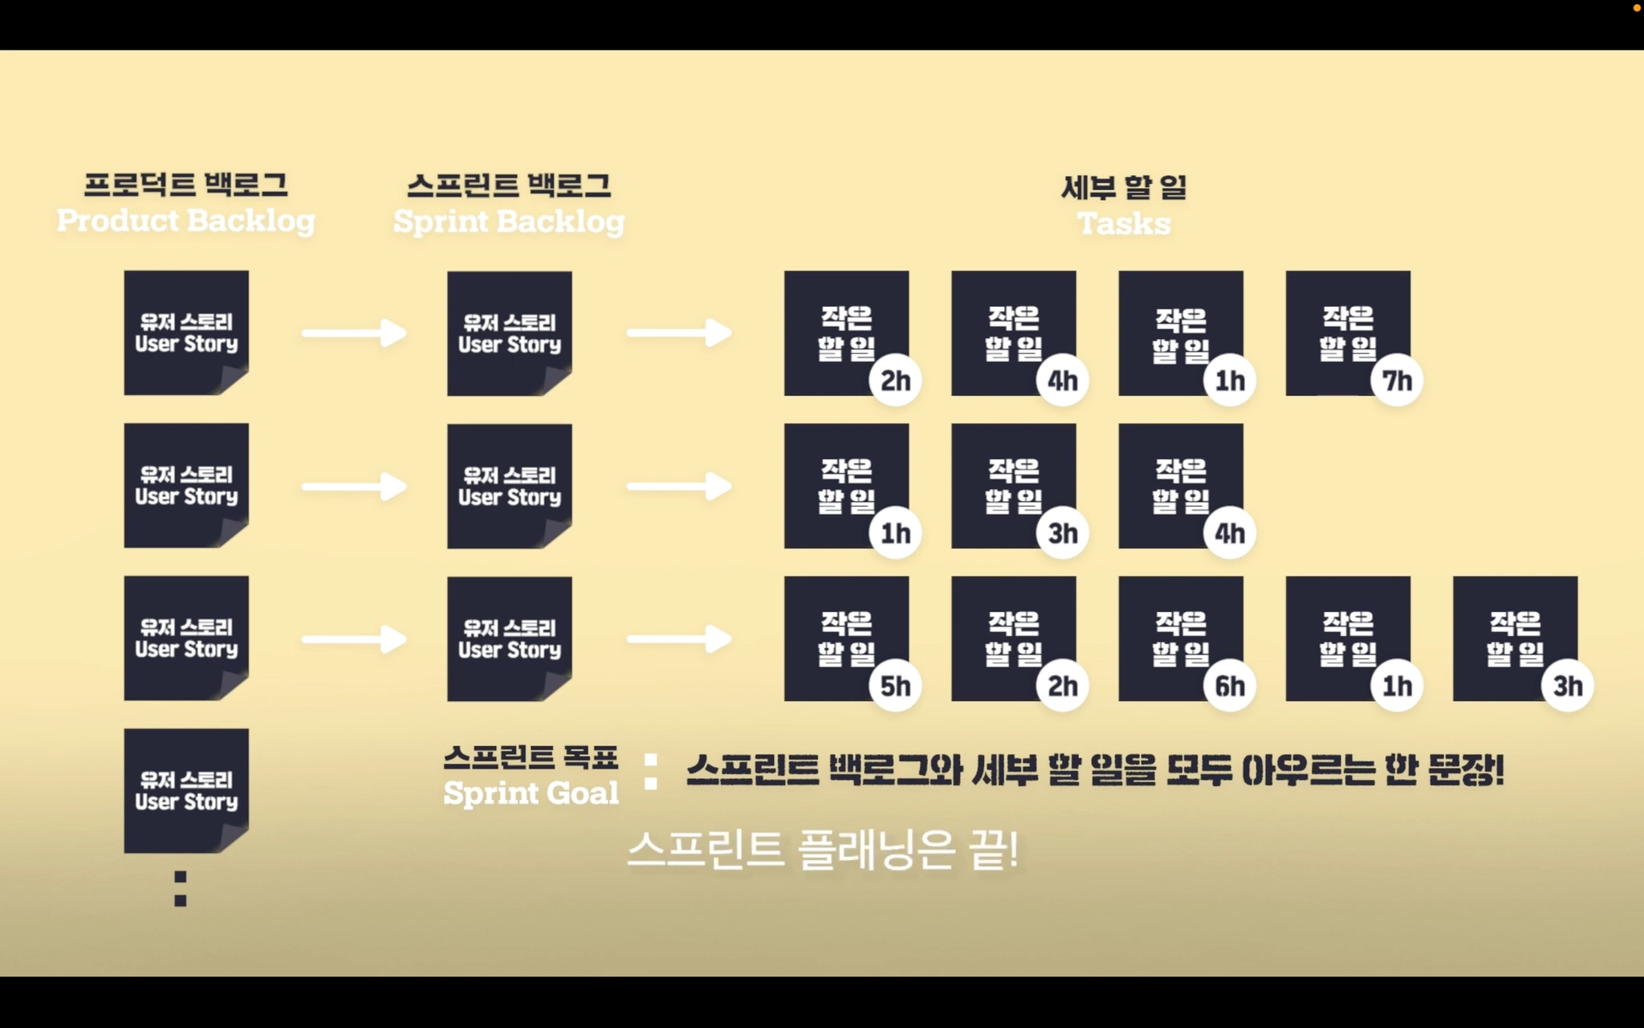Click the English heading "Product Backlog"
[185, 221]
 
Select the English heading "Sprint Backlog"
[508, 222]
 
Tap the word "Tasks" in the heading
[1123, 223]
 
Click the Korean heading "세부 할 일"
[1123, 187]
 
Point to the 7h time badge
[1397, 380]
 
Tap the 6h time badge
[1229, 686]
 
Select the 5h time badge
[895, 686]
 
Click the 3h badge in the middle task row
[1062, 533]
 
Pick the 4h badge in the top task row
[1062, 380]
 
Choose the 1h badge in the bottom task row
[1397, 686]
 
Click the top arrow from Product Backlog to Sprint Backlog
[354, 333]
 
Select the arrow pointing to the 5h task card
[679, 640]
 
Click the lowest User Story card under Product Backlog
[186, 790]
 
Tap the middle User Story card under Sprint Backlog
[509, 486]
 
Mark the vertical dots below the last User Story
[181, 889]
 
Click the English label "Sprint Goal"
[531, 793]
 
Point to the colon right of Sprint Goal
[651, 772]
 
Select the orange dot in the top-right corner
[1637, 8]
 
